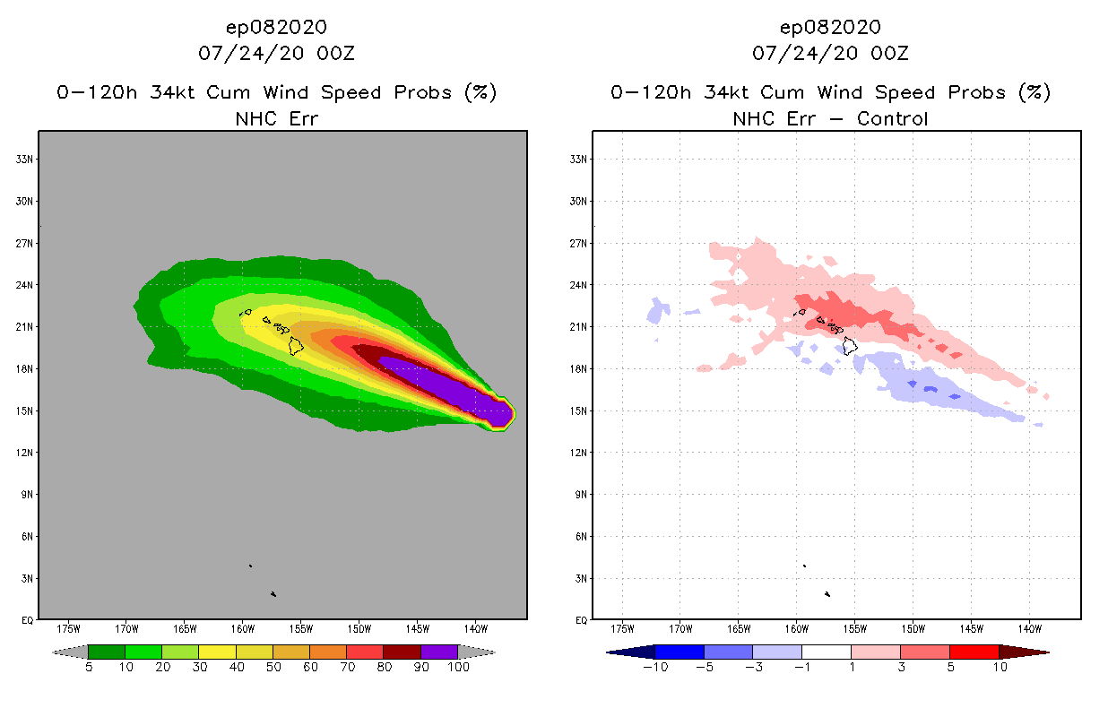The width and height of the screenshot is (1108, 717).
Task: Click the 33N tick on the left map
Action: (26, 159)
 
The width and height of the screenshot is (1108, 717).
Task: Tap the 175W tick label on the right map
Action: (622, 627)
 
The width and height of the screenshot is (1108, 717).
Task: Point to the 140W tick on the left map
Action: (475, 627)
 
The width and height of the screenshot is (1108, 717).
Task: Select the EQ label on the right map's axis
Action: (579, 620)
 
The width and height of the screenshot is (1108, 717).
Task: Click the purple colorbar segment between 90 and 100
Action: (439, 652)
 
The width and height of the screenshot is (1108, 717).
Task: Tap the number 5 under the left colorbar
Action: (89, 667)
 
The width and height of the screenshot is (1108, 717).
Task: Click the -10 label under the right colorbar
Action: (655, 667)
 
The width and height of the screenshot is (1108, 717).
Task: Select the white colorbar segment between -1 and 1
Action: (827, 652)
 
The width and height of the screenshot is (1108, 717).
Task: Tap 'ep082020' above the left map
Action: (276, 27)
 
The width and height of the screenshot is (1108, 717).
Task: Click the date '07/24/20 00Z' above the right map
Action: (830, 54)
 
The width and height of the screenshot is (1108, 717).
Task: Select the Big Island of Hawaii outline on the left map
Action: (297, 345)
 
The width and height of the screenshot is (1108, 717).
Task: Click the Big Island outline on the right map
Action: (850, 345)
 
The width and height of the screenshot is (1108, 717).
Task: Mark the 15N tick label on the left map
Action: (26, 410)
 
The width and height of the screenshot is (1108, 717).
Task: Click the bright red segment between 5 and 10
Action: (974, 652)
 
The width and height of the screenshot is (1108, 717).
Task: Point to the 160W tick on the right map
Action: (797, 627)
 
